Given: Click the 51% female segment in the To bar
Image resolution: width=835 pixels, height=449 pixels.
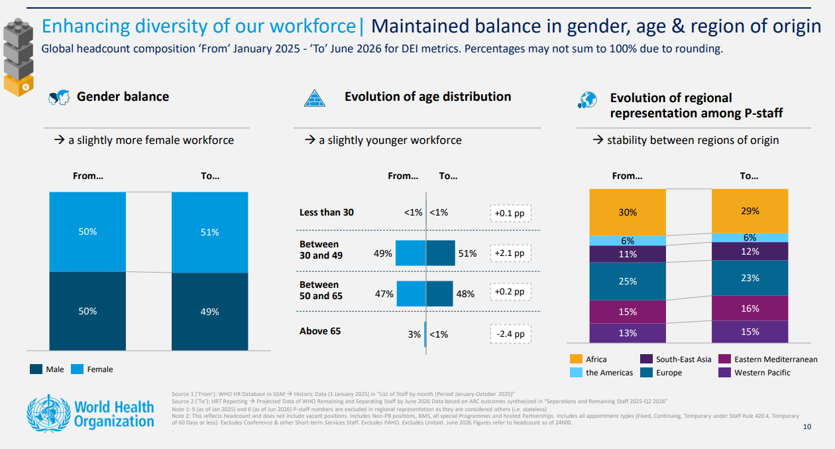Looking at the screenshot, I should click(x=209, y=232).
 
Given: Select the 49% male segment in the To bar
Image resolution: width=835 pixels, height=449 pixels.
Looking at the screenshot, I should click(x=209, y=311).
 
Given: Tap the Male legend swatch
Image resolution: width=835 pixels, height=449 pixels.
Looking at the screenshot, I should click(x=36, y=369).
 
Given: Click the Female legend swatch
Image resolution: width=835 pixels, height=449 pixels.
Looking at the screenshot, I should click(x=77, y=369).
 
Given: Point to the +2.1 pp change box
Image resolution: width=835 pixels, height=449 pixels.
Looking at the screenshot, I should click(x=510, y=253).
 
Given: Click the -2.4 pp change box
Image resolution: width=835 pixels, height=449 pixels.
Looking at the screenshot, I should click(x=510, y=334).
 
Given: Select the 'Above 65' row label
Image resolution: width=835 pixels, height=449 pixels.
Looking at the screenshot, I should click(x=320, y=331).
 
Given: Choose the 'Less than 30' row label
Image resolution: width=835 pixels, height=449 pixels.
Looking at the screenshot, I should click(x=327, y=212).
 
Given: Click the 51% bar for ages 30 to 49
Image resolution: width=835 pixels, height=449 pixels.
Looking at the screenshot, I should click(x=441, y=253).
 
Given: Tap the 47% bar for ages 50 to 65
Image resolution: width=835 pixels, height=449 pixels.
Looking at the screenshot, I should click(x=411, y=294).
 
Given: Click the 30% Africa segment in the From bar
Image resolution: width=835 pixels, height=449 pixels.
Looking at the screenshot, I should click(x=627, y=212).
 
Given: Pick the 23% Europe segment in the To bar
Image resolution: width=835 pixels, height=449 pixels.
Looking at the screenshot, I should click(x=750, y=278).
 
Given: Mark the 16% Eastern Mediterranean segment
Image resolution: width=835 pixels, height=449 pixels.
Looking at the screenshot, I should click(x=750, y=308).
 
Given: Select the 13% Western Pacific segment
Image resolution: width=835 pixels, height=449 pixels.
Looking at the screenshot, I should click(x=627, y=333).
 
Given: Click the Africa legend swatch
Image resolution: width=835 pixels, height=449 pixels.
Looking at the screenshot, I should click(x=576, y=359).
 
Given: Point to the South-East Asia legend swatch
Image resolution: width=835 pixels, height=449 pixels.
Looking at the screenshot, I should click(x=645, y=359).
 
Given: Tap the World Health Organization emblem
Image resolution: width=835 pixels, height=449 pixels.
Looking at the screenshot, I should click(x=47, y=413).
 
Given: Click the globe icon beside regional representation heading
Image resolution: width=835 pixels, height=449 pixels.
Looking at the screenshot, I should click(x=587, y=100).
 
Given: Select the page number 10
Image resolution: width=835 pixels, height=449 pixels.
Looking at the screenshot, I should click(x=807, y=426).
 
